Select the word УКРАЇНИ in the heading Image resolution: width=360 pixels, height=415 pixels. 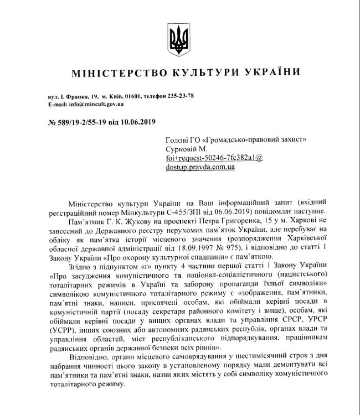(264, 72)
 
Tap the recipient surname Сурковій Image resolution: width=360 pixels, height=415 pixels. (181, 149)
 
